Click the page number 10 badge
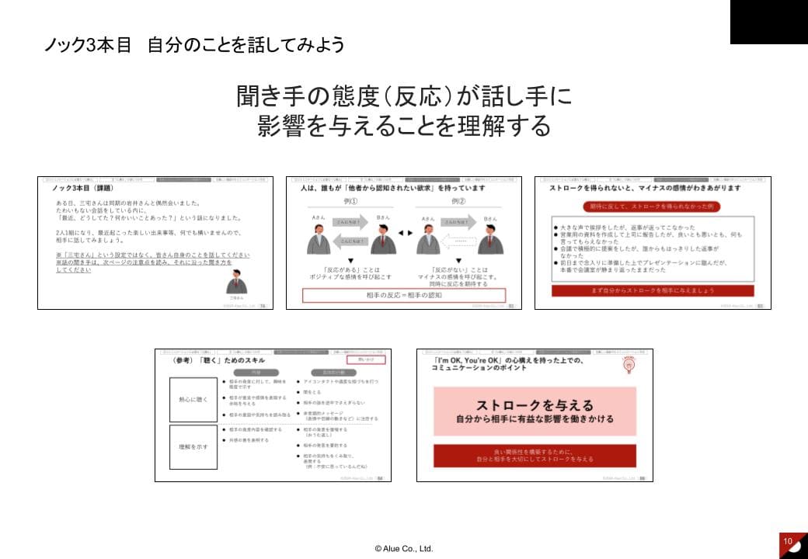pos(788,540)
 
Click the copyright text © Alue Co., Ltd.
pos(403,548)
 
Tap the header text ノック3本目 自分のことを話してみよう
pos(194,45)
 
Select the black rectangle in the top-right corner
pos(768,22)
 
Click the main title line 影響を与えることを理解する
pos(403,126)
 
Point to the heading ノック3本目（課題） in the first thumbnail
pos(82,188)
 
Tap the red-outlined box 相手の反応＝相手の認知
pos(403,295)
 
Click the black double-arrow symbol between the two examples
pos(403,232)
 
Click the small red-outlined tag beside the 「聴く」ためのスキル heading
pos(365,359)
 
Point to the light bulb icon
pos(627,363)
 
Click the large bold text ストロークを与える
pos(535,404)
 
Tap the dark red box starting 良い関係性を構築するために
pos(535,455)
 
